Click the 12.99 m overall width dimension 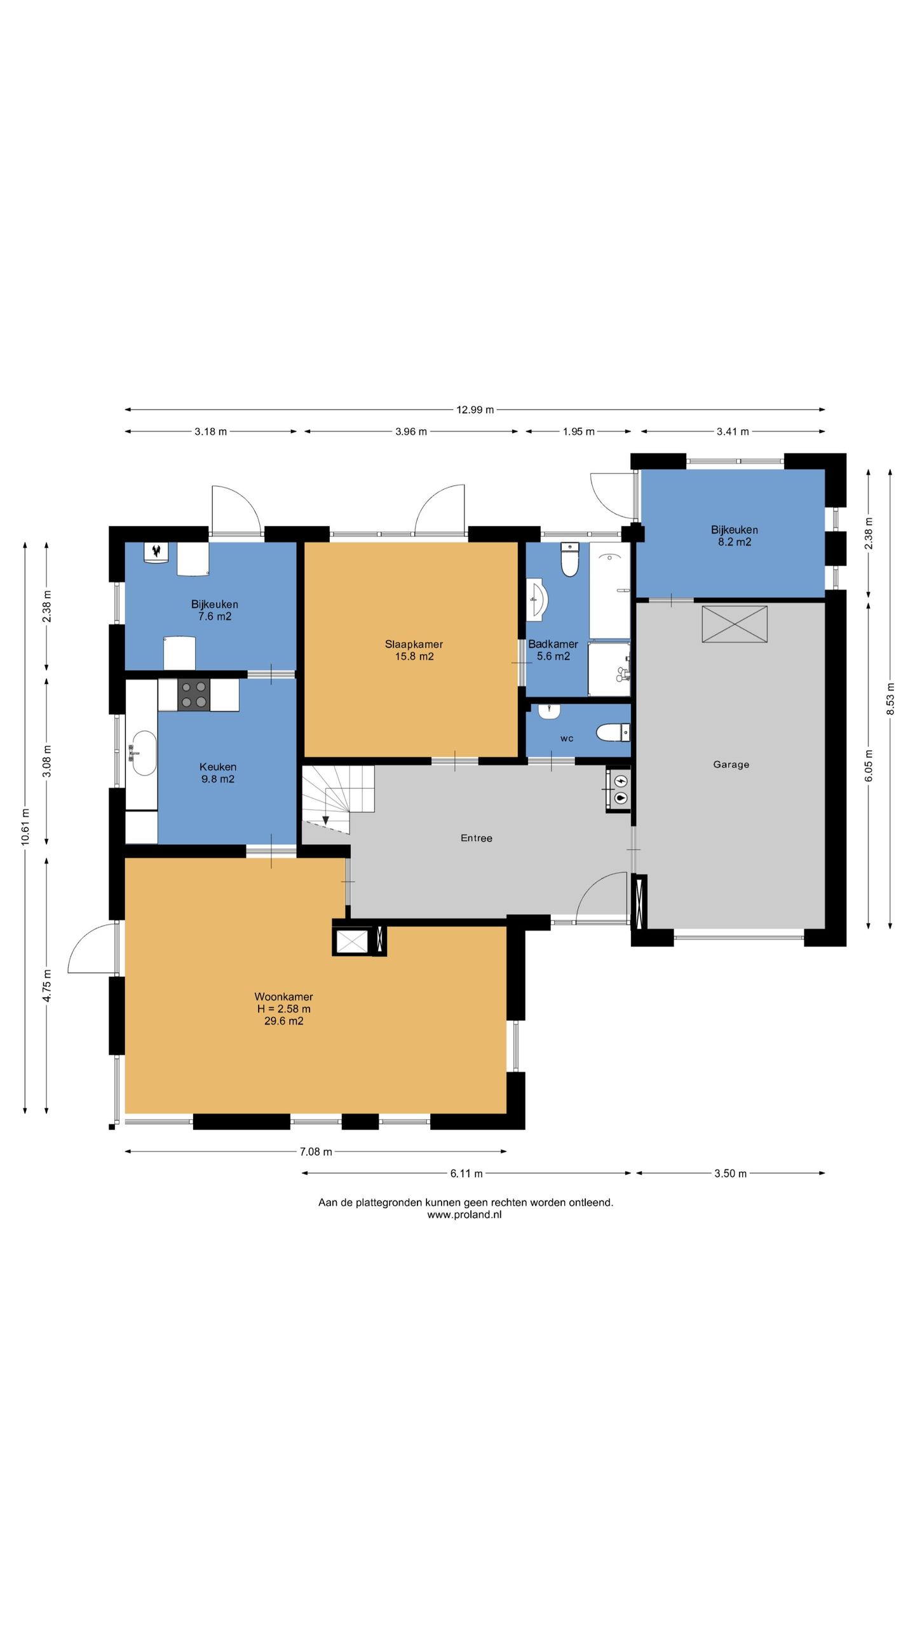tap(475, 410)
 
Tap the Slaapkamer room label tap(414, 644)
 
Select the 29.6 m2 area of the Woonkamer tap(284, 1021)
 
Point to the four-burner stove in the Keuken tap(194, 694)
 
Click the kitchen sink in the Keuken tap(144, 753)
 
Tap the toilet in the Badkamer tap(570, 560)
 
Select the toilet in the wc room tap(613, 733)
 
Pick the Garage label tap(731, 765)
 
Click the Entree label tap(477, 838)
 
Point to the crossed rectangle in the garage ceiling tap(735, 624)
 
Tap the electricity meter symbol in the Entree tap(621, 781)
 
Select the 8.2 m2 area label tap(735, 542)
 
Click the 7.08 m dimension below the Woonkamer tap(316, 1151)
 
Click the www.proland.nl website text tap(464, 1214)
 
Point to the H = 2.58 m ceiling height tap(284, 1009)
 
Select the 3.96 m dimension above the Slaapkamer tap(411, 432)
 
